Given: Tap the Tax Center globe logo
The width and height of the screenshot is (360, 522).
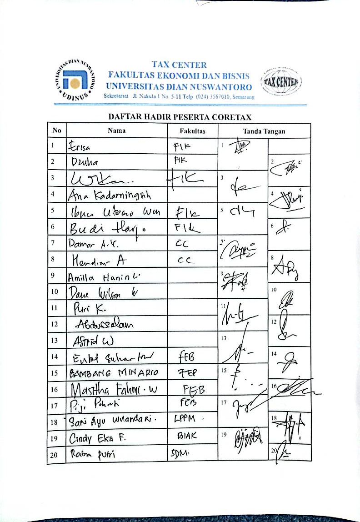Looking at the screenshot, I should coord(280,82).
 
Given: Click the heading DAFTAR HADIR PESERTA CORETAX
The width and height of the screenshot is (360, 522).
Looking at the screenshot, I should coord(180,117).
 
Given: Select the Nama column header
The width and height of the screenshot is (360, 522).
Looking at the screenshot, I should coord(117,131).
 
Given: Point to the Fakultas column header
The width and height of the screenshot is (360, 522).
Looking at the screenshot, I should coord(193,131).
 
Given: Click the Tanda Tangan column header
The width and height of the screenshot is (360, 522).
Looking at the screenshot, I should coord(264,131).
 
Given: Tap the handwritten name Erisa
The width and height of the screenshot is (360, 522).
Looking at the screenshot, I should coord(80,146).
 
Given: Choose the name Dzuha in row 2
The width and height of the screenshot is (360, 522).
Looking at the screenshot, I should coord(84,162).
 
